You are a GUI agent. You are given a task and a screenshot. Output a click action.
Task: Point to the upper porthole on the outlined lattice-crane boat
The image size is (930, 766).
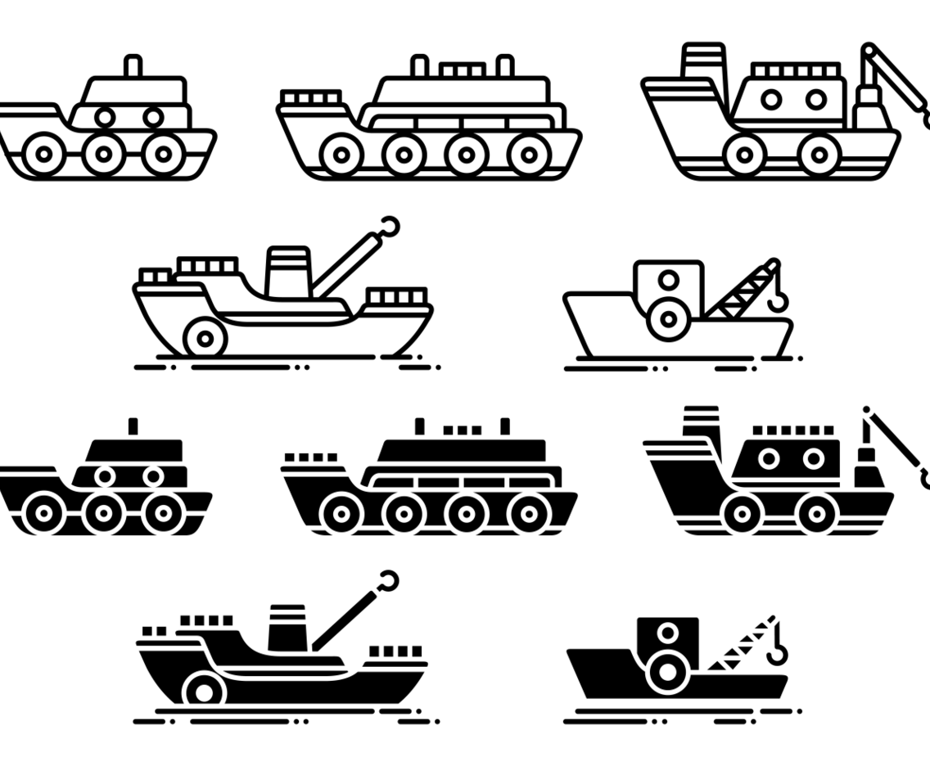pos(669,281)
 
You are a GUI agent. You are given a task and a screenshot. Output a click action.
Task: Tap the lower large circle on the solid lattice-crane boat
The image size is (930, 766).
pos(668,673)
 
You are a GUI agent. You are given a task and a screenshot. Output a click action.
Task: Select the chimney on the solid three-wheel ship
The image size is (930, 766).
pos(133,426)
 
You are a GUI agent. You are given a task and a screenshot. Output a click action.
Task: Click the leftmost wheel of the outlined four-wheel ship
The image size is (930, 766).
pos(339,153)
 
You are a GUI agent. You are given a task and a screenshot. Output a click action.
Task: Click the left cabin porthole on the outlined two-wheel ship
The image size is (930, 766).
pos(770,100)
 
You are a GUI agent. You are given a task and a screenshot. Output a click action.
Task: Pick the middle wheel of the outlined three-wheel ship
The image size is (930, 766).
pos(103,152)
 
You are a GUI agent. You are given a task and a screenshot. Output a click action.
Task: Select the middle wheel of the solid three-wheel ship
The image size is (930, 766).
pos(103,513)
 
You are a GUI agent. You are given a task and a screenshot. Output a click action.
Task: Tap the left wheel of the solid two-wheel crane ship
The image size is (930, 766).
pos(742,514)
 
